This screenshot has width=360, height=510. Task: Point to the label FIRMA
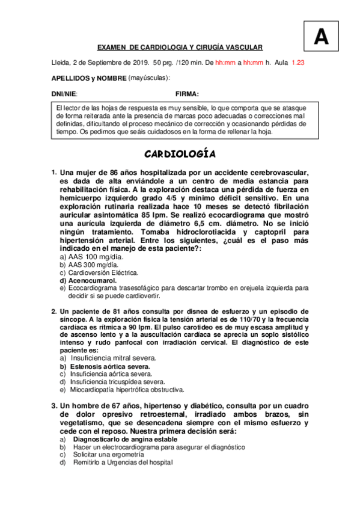187,94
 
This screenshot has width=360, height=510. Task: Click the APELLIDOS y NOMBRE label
90,78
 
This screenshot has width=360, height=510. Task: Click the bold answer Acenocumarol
92,280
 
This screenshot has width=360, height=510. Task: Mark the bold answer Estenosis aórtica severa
110,366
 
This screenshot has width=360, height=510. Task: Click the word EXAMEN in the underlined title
112,48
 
